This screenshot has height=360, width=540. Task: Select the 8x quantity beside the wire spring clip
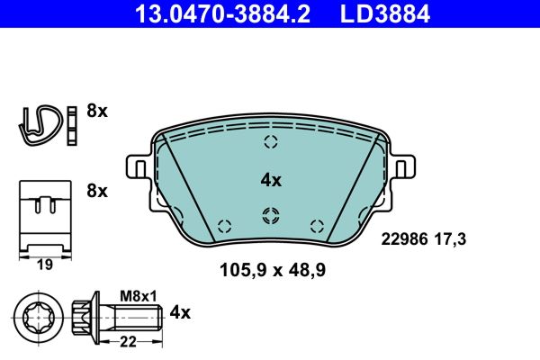coord(96,112)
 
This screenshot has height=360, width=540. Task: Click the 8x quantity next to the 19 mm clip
coord(96,191)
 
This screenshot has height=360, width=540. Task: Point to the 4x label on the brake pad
coord(271,180)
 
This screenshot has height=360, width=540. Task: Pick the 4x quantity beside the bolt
coord(181,312)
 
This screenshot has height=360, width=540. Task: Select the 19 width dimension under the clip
coord(43,265)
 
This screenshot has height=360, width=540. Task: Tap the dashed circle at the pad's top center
coord(271,141)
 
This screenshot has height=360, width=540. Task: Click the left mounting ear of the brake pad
coord(138,167)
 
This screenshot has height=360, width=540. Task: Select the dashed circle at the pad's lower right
coord(315,225)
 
